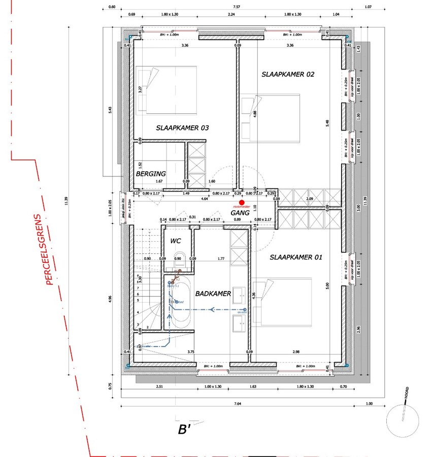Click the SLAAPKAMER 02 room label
(288, 74)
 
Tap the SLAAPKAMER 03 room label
(182, 128)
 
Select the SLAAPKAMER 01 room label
(296, 257)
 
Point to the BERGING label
(151, 174)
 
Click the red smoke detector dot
(242, 203)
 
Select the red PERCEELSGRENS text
(49, 249)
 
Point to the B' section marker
(184, 430)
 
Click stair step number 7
(138, 287)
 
